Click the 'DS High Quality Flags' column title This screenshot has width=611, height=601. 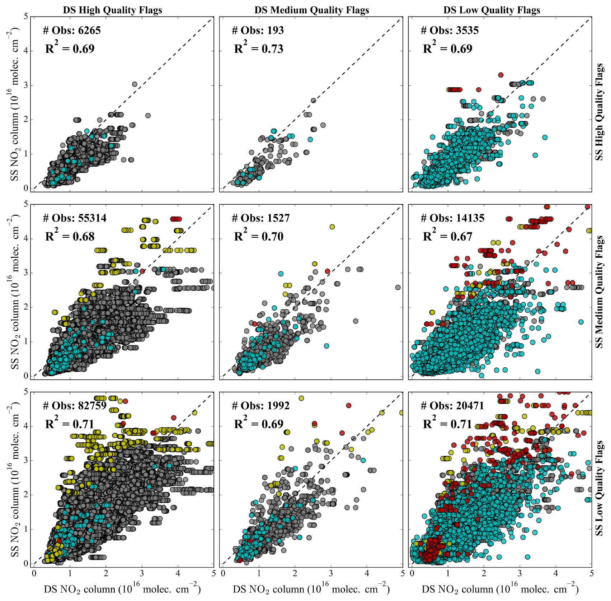coord(112,10)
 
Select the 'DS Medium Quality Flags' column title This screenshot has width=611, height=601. coord(311,10)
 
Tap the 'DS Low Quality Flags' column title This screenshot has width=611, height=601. coord(492,10)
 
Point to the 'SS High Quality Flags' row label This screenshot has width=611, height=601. coord(600,112)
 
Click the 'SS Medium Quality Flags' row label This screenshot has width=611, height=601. coord(600,292)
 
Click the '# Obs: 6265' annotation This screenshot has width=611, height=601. coord(72,31)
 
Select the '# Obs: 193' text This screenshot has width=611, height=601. coord(258,31)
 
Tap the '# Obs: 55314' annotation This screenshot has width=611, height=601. coord(75,218)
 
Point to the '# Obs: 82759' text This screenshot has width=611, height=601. coord(75,406)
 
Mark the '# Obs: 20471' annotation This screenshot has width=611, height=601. coord(452,406)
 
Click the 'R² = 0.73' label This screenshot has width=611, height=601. coord(258,48)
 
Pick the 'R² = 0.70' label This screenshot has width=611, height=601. coord(258,236)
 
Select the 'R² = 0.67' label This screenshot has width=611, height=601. coord(447,236)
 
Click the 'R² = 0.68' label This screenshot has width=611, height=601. coord(70,236)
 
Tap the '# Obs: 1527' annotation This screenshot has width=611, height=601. coord(260,218)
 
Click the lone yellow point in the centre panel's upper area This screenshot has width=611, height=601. coord(332,227)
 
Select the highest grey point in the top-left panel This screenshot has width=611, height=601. coord(135,84)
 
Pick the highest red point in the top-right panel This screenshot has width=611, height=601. coord(501,75)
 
